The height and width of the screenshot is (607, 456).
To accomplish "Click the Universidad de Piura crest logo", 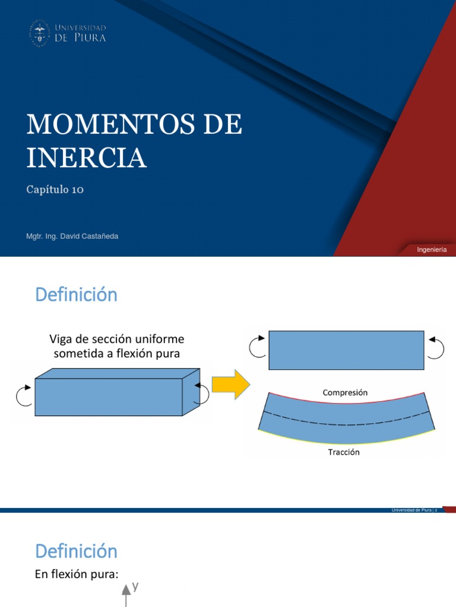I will tap(40, 33).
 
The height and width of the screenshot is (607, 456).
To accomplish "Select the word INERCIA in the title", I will tap(86, 157).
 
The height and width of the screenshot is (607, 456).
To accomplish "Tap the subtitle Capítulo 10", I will tap(55, 189).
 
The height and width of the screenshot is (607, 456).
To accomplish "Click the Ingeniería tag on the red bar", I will tap(432, 250).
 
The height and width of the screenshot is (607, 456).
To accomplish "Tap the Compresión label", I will tap(345, 392).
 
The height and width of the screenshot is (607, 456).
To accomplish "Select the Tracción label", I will tap(344, 452).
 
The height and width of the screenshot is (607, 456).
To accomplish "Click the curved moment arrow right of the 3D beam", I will tap(202, 393).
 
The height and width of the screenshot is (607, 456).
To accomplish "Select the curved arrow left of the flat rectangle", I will tap(258, 347).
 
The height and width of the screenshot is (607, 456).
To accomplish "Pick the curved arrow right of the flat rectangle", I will tap(436, 347).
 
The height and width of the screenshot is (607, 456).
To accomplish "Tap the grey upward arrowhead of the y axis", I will tap(126, 590).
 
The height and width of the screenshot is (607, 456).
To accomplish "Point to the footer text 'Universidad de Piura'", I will tap(411, 510).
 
